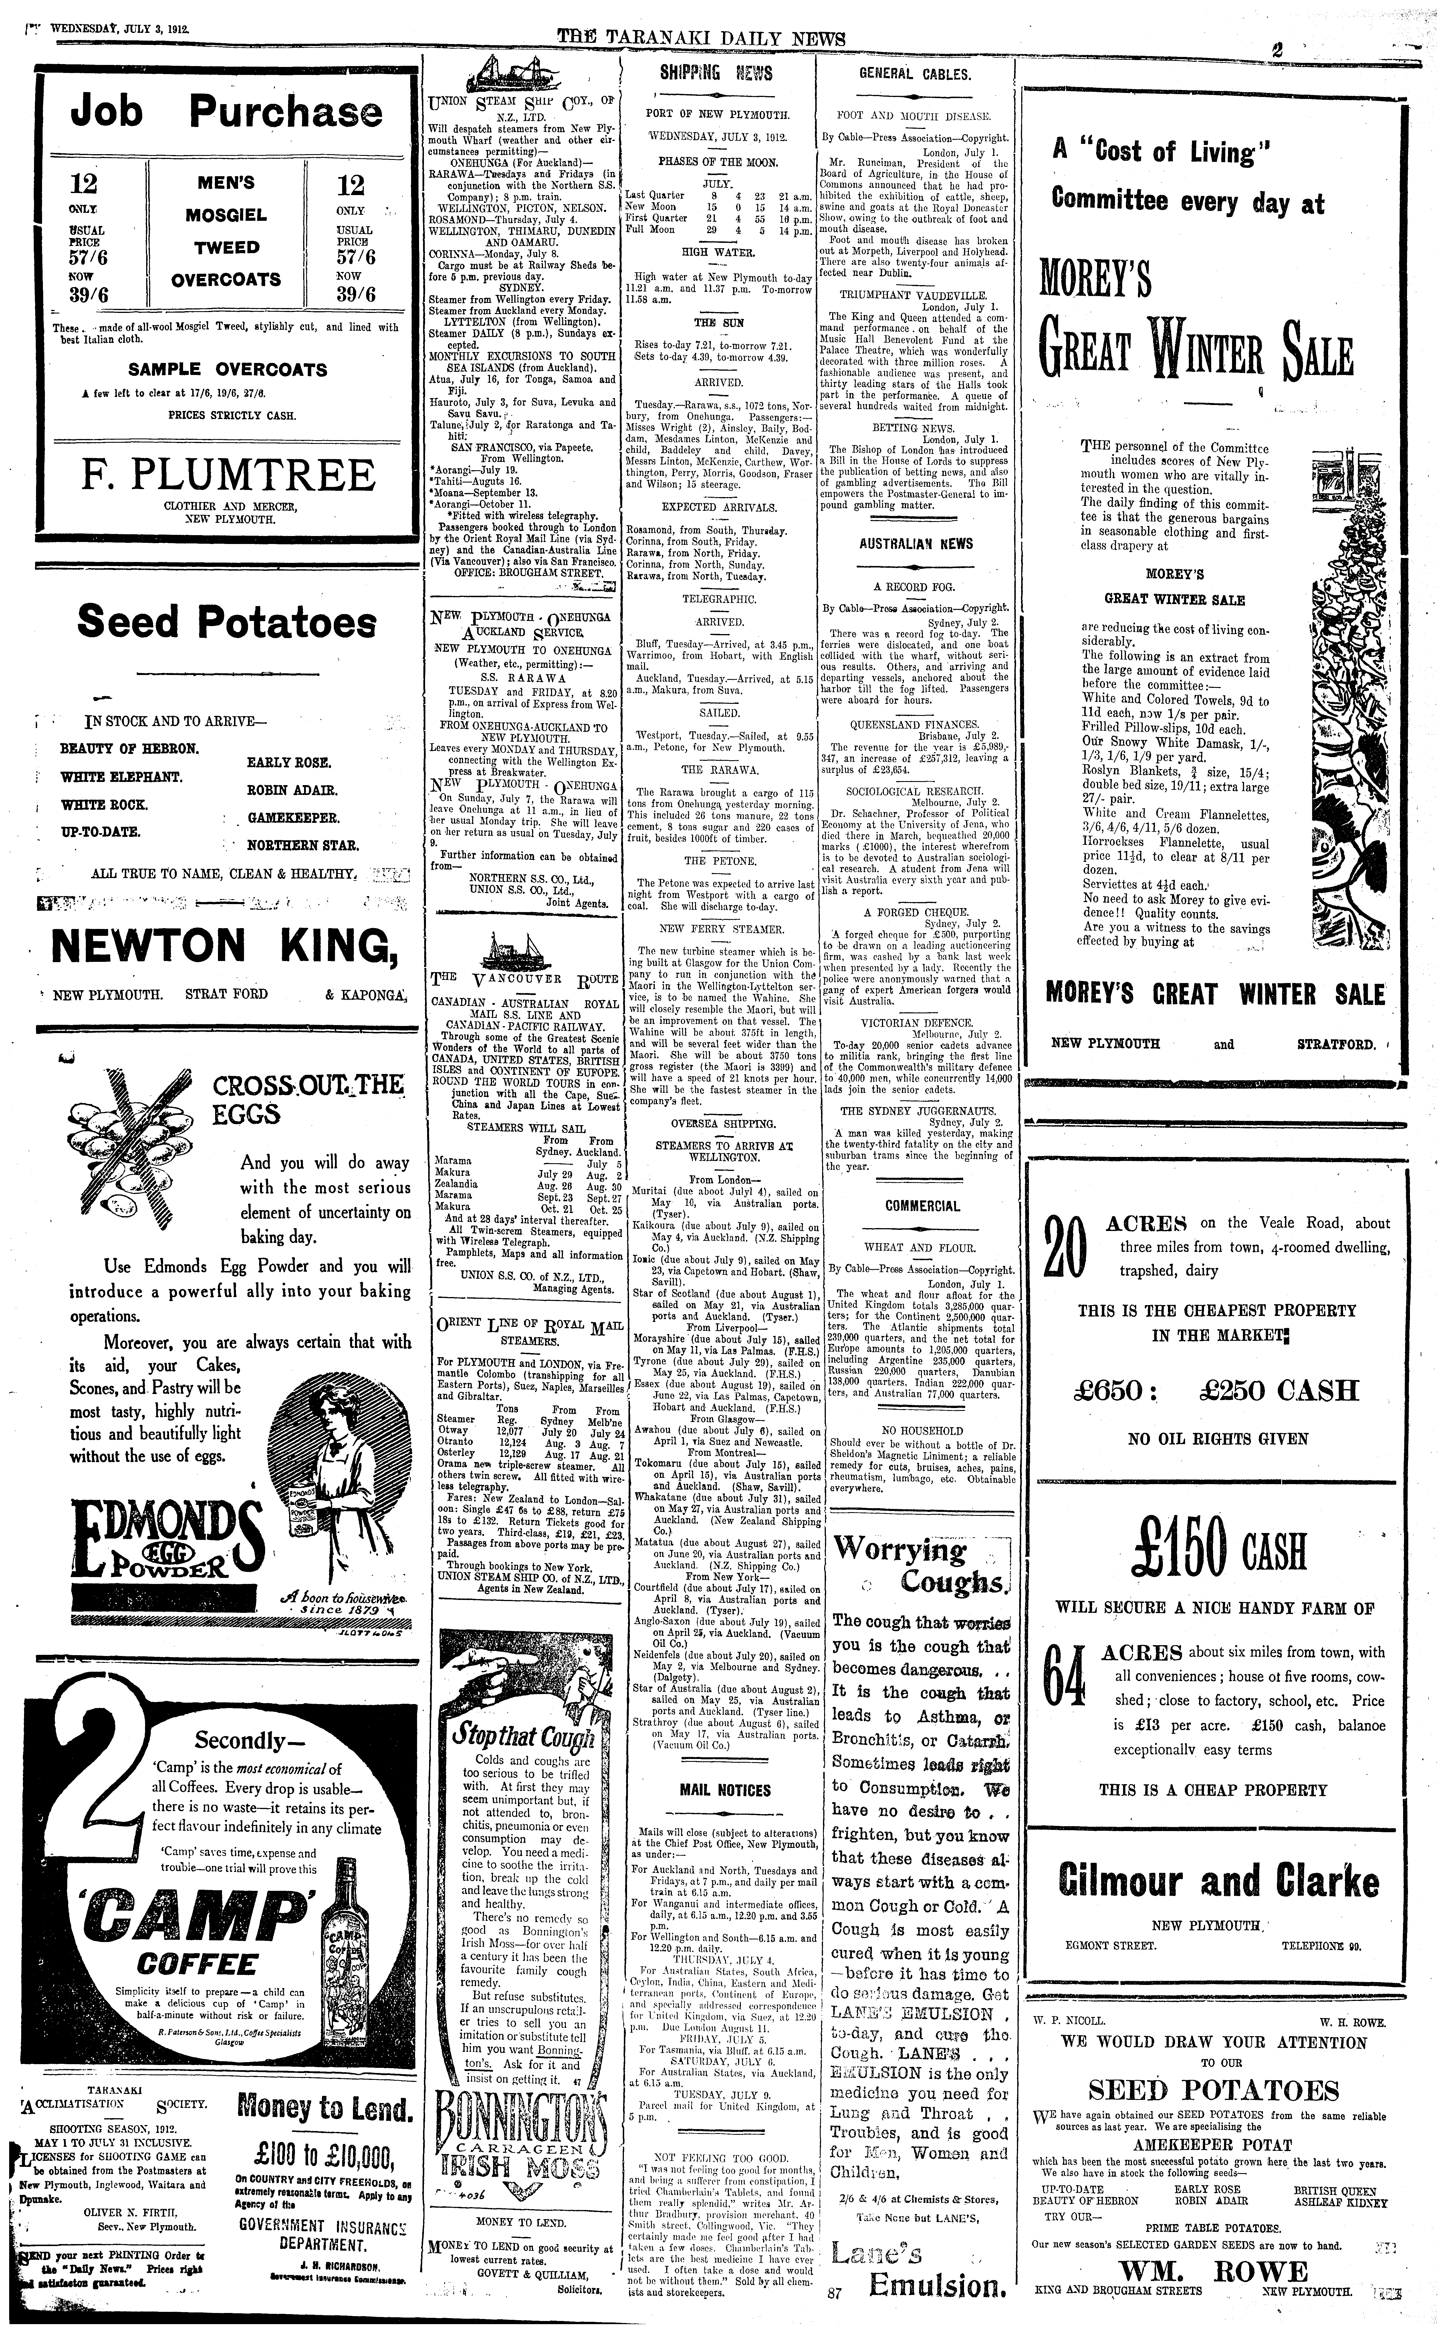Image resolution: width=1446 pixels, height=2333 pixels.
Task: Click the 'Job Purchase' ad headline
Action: tap(227, 112)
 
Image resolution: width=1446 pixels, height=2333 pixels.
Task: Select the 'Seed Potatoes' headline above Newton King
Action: tap(227, 622)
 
